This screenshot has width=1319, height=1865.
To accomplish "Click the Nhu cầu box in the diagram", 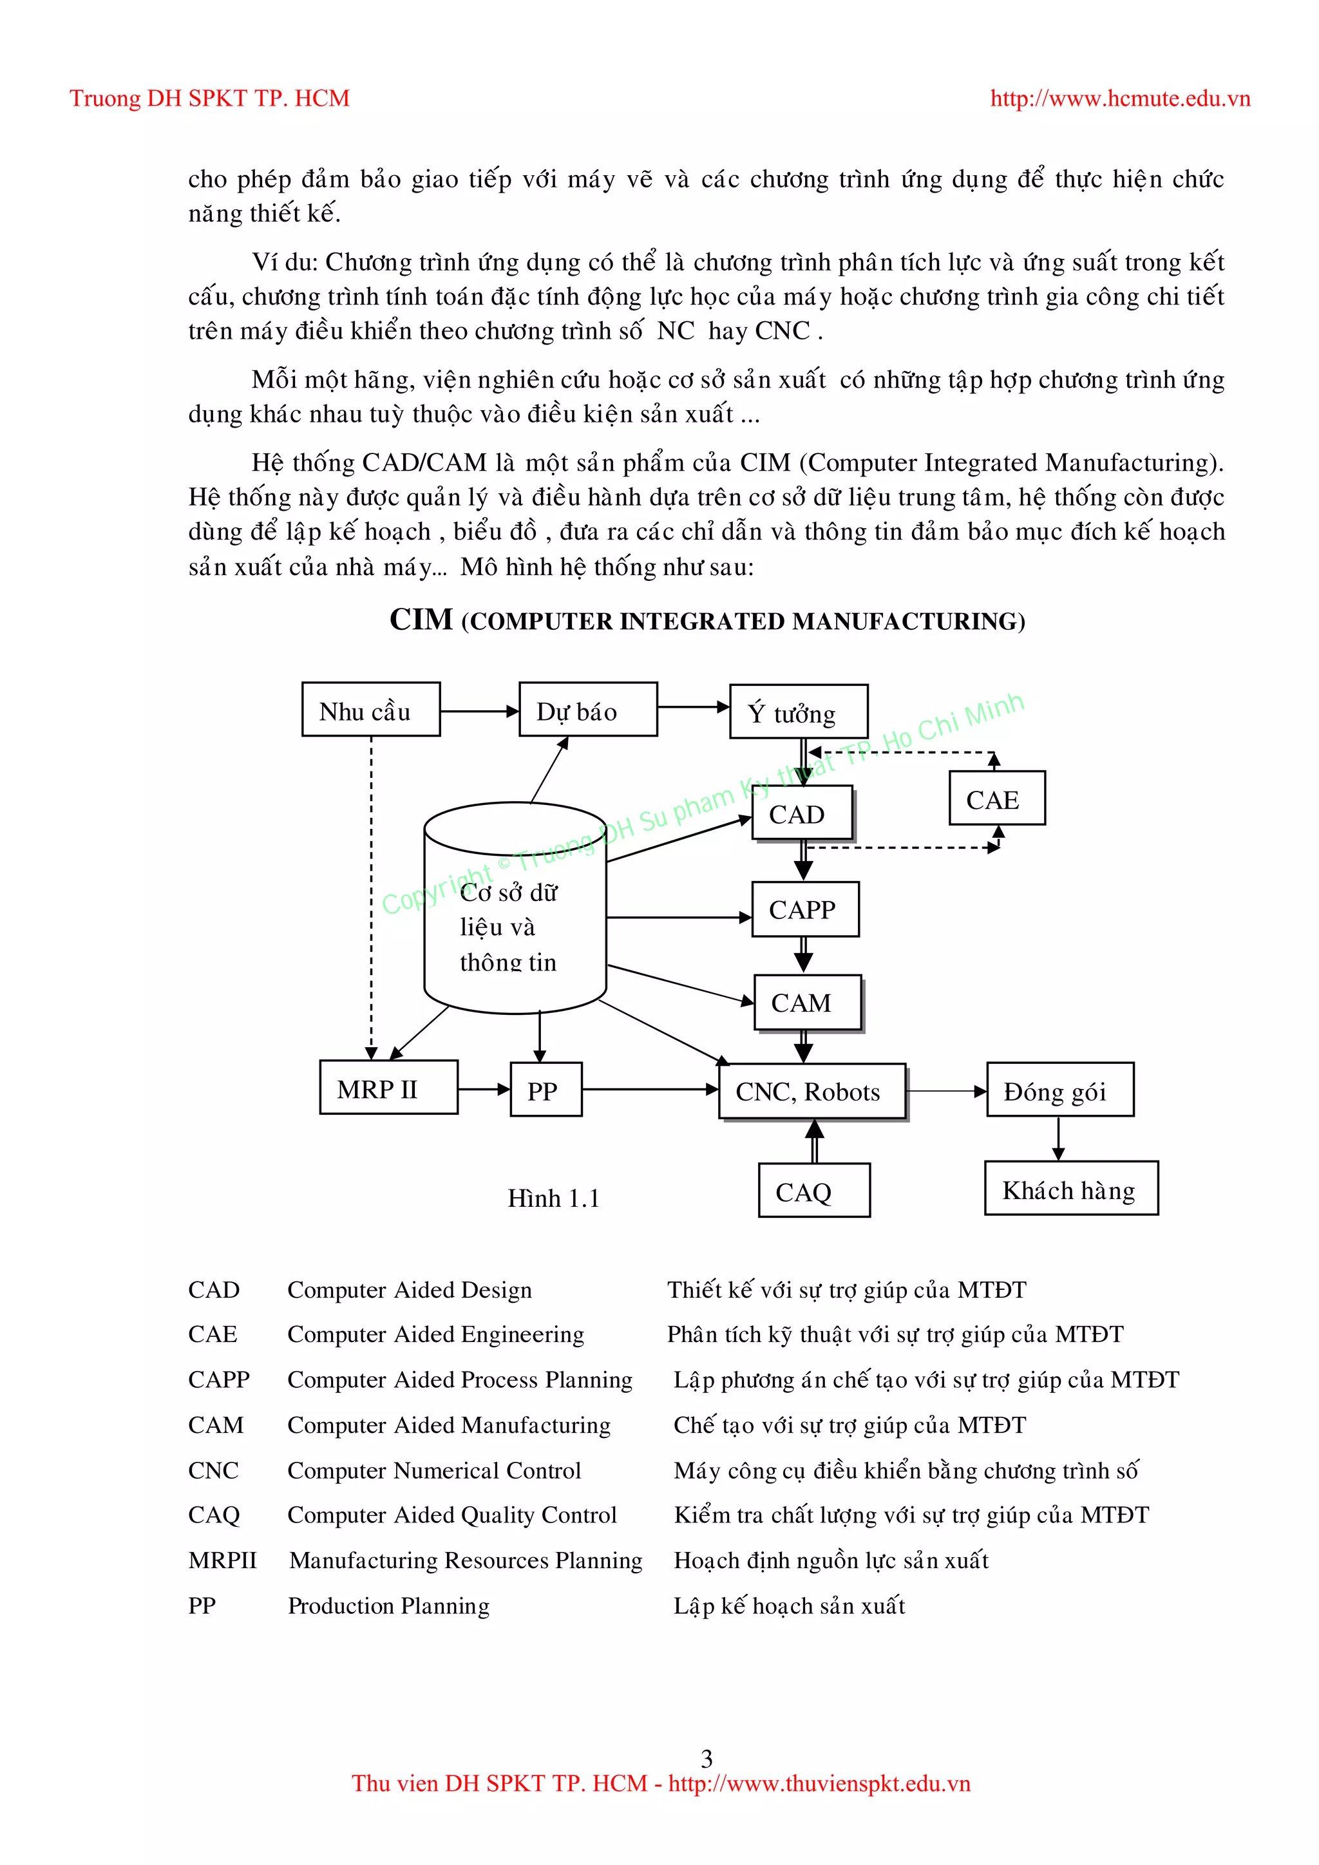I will pos(370,710).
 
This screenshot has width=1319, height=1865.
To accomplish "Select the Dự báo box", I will pos(588,710).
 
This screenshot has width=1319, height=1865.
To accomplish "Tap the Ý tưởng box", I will pos(799,712).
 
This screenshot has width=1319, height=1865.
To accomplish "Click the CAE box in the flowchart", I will pos(996,799).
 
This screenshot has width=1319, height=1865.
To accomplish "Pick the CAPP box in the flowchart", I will pos(805,910).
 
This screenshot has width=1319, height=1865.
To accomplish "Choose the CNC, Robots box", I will pos(812,1092).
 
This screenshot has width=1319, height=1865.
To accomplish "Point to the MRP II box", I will pos(388,1088).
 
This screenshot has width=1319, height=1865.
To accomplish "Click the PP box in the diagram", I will pos(546,1090).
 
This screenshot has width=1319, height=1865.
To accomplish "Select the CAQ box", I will pos(814,1191).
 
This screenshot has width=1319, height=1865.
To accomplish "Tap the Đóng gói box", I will pos(1060,1090).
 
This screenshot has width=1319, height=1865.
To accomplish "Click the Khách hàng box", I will pos(1070,1189).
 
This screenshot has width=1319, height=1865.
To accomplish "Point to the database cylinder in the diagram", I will pos(515,910).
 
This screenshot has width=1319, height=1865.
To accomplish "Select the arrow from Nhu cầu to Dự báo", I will pos(479,712).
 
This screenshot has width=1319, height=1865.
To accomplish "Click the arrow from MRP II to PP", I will pos(484,1089).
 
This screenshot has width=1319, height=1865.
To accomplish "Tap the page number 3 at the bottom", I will pos(706,1759).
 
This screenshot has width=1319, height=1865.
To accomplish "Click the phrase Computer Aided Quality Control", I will pos(451,1515).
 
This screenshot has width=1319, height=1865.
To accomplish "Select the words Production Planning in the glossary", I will pos(388,1606).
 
